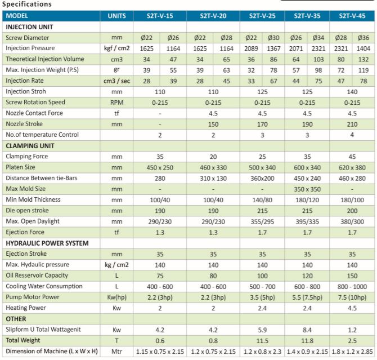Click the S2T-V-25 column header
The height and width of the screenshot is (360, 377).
pyautogui.click(x=262, y=16)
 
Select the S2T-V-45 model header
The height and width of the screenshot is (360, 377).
pyautogui.click(x=352, y=16)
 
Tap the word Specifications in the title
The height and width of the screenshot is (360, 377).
pyautogui.click(x=27, y=4)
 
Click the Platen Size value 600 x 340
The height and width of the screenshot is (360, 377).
pyautogui.click(x=307, y=167)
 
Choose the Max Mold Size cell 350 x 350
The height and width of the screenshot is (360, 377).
pyautogui.click(x=307, y=189)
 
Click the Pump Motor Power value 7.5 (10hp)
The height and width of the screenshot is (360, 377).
pyautogui.click(x=352, y=297)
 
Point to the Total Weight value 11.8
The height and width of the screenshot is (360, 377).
pyautogui.click(x=307, y=340)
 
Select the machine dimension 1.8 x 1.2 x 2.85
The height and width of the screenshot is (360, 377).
pyautogui.click(x=352, y=352)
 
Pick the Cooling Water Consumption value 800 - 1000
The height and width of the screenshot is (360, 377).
pyautogui.click(x=352, y=286)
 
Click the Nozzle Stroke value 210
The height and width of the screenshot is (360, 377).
pyautogui.click(x=352, y=124)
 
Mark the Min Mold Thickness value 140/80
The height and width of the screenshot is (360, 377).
pyautogui.click(x=262, y=199)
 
